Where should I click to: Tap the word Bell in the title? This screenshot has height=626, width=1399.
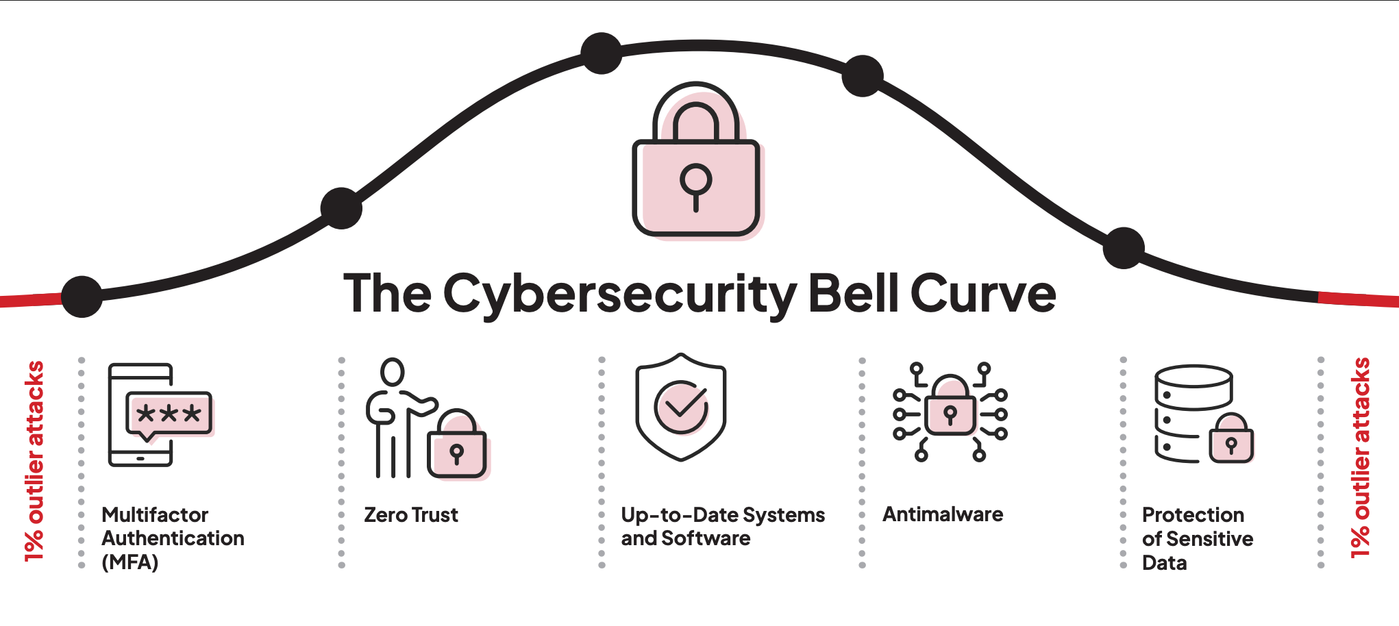pos(853,293)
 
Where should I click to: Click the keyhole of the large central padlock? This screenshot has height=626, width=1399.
pos(695,181)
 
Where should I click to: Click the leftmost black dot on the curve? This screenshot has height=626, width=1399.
pos(82,297)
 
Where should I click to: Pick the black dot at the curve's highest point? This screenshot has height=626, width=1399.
pos(601,53)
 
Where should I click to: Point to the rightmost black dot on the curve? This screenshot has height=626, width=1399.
pos(1124,248)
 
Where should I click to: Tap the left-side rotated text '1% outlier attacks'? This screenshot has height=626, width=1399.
pos(34,460)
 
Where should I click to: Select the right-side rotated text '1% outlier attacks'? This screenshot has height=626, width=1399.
pos(1360,458)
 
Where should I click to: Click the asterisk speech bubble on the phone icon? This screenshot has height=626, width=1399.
pos(169,414)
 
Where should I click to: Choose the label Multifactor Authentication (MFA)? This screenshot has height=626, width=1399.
pos(173,538)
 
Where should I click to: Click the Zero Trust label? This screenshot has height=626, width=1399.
pos(411,514)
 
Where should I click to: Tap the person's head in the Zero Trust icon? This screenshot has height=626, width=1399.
pos(393,372)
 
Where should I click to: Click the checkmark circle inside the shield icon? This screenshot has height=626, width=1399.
pos(681,408)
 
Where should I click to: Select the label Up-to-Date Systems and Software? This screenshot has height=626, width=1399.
pos(722,526)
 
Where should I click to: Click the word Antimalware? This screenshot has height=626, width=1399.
pos(942,514)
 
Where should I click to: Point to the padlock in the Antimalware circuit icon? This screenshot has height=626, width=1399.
pos(950,411)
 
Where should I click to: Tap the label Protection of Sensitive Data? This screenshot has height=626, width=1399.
pos(1197,538)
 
